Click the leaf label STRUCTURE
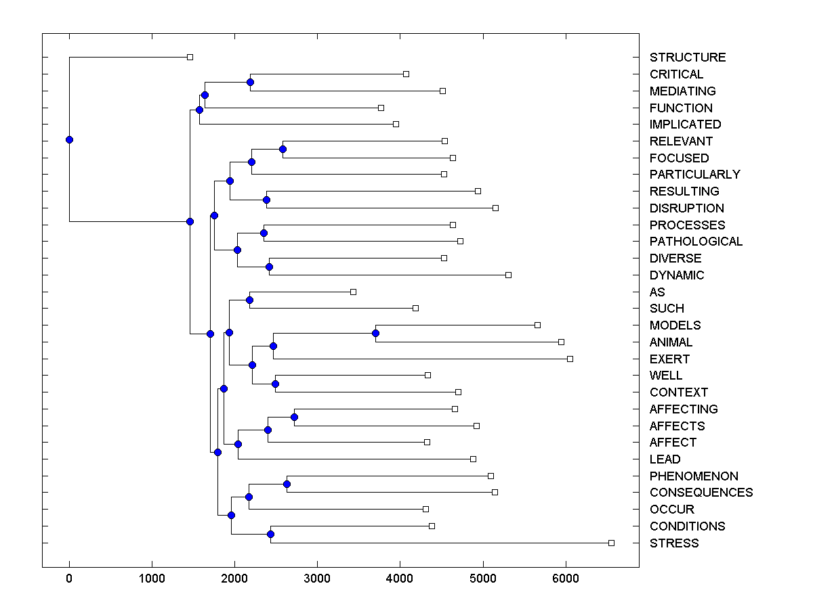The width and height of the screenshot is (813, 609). [687, 58]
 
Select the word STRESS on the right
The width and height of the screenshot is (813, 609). [673, 543]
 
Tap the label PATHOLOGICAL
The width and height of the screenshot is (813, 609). [696, 242]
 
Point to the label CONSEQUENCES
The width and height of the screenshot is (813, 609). [701, 493]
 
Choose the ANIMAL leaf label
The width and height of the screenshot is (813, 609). [671, 342]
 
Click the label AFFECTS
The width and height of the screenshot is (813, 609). [677, 426]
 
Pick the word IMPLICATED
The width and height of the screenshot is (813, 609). [685, 125]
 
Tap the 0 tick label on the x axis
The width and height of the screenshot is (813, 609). [69, 578]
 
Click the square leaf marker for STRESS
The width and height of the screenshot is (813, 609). [611, 543]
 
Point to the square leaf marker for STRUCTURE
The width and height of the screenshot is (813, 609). [190, 57]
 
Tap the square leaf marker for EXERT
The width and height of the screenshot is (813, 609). [570, 359]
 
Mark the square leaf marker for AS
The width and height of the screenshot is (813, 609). [353, 292]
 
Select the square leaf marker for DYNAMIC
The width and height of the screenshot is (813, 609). [509, 275]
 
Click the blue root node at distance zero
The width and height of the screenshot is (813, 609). [69, 140]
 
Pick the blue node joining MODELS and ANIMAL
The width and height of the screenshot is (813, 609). [375, 333]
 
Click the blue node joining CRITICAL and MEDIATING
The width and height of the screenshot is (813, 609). [250, 82]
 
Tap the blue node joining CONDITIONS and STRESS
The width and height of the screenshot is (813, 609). [270, 535]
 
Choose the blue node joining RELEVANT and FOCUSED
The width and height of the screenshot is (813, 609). [283, 149]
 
